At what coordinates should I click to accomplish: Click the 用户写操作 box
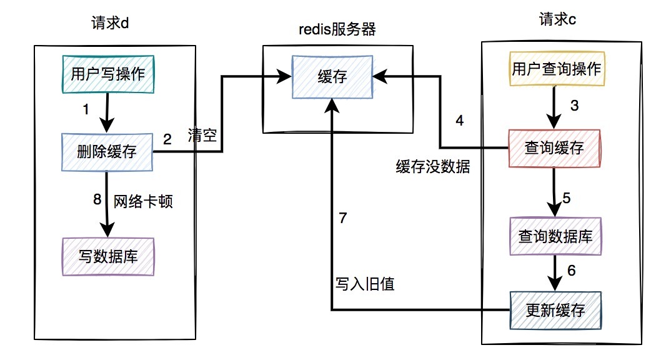(x=108, y=74)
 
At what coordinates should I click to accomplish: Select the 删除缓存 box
(x=108, y=151)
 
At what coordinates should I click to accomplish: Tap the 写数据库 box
(x=108, y=256)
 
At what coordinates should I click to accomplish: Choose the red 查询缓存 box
(x=555, y=148)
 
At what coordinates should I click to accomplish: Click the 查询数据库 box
(x=555, y=236)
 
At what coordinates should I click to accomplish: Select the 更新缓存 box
(x=555, y=309)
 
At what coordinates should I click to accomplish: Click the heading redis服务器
(x=337, y=29)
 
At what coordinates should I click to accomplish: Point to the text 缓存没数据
(x=432, y=167)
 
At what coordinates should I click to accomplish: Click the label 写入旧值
(x=364, y=284)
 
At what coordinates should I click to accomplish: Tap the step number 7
(x=342, y=219)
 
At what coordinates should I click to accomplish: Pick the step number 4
(x=460, y=121)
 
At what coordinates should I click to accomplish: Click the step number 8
(x=96, y=200)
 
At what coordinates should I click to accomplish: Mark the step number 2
(x=167, y=139)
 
